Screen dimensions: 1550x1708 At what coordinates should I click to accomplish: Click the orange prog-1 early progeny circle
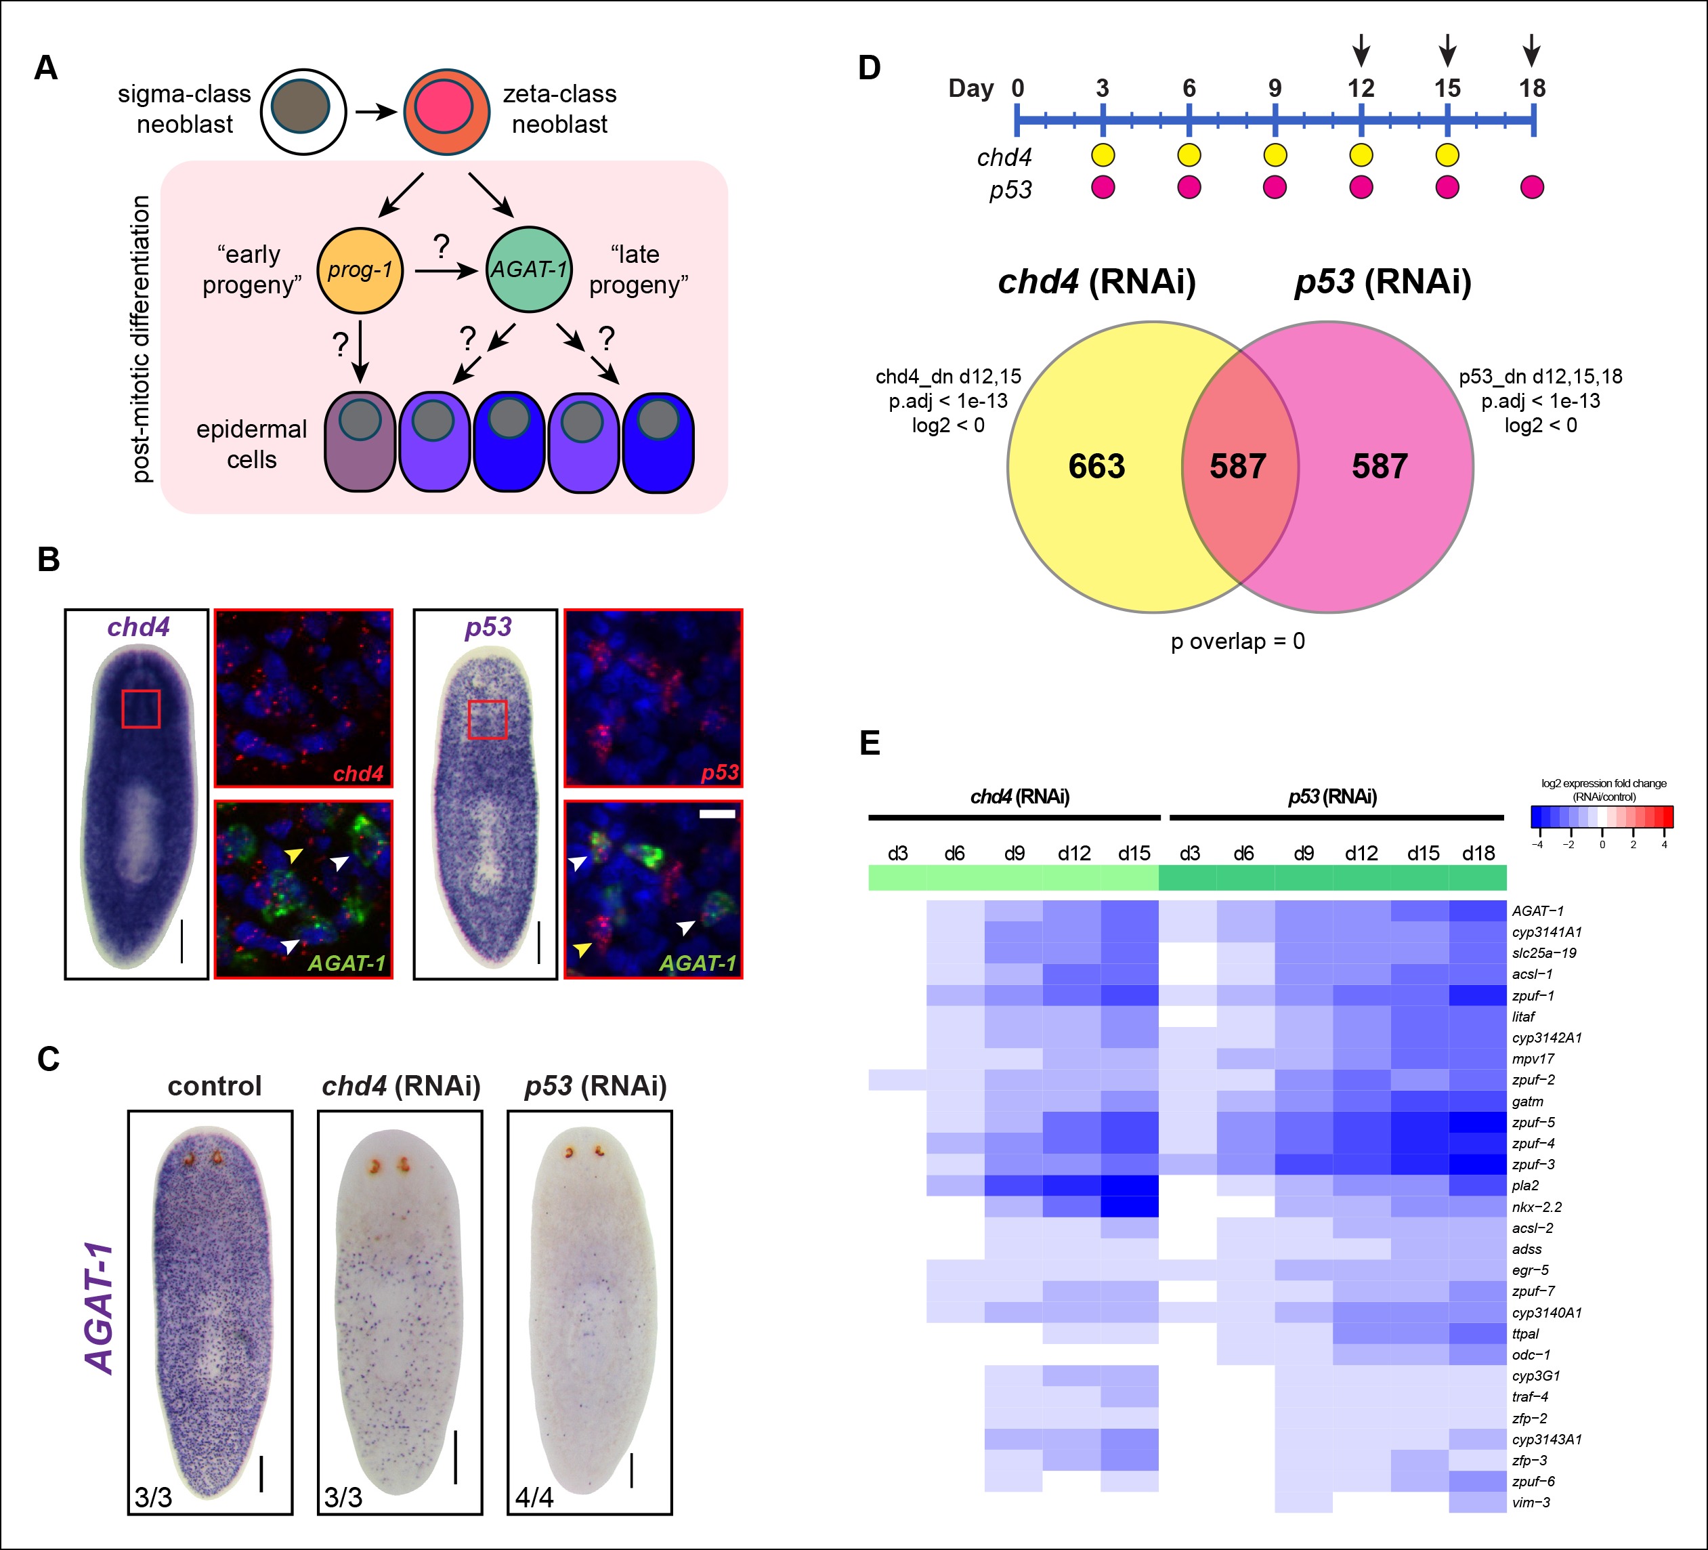tap(359, 270)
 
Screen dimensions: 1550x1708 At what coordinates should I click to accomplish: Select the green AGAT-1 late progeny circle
tap(529, 270)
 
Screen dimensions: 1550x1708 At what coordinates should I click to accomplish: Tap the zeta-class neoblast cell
tap(446, 111)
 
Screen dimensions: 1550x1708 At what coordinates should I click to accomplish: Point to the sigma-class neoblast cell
tap(303, 111)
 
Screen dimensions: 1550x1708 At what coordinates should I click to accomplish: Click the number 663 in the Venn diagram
tap(1096, 466)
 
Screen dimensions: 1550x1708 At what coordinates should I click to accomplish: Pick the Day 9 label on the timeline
tap(1275, 88)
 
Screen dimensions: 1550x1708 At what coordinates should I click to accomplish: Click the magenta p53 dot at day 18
tap(1532, 186)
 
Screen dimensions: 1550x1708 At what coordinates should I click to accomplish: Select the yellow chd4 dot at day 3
tap(1103, 155)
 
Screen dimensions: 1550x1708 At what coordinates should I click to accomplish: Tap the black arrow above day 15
tap(1448, 50)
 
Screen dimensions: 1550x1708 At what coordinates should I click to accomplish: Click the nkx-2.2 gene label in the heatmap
tap(1537, 1207)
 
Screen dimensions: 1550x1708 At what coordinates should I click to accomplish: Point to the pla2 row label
tap(1525, 1186)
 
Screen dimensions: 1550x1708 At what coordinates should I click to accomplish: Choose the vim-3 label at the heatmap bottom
tap(1531, 1503)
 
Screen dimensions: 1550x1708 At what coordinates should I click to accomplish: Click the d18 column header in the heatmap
tap(1478, 854)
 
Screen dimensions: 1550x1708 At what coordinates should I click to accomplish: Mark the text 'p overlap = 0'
tap(1238, 642)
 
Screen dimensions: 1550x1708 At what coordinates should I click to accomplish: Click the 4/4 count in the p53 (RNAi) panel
tap(534, 1497)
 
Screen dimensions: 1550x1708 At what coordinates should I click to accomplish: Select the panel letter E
tap(870, 743)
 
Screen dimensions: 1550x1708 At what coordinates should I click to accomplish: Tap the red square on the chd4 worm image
tap(141, 709)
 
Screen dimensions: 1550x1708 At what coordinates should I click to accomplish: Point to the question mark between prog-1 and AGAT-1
tap(441, 247)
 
